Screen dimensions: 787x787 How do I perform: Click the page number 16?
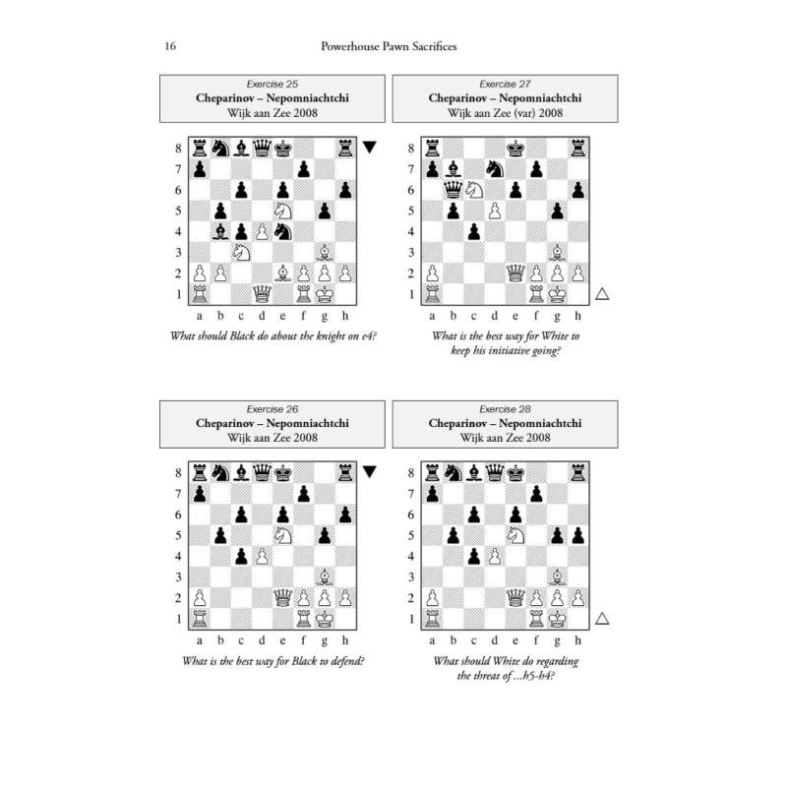(170, 46)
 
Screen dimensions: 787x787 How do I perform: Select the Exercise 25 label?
(272, 84)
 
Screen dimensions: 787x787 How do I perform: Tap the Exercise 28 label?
(505, 409)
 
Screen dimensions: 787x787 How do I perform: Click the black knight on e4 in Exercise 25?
(283, 232)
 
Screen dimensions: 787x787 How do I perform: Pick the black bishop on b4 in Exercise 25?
(220, 232)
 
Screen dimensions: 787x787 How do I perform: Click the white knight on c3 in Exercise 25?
(241, 253)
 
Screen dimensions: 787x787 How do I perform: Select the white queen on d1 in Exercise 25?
(262, 294)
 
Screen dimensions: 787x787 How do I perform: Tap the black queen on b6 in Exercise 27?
(454, 190)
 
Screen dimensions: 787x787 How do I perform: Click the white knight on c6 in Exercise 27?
(474, 190)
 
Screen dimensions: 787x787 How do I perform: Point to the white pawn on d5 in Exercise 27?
(495, 211)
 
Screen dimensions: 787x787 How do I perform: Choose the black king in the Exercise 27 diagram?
(515, 149)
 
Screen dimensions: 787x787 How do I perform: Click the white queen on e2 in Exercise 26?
(283, 598)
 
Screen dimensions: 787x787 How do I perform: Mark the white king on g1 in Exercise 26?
(325, 619)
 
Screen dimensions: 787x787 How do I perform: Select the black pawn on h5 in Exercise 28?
(578, 535)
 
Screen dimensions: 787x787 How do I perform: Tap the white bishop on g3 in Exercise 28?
(557, 577)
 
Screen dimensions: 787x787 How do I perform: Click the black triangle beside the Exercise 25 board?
(370, 147)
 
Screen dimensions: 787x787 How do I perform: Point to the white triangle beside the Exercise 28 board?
(602, 619)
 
